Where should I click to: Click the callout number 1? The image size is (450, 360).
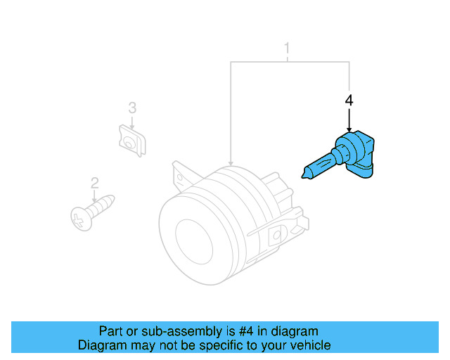[x=287, y=49]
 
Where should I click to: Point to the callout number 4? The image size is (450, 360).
[x=349, y=101]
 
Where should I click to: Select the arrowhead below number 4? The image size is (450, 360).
[x=349, y=129]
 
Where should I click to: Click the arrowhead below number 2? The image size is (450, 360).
[x=95, y=200]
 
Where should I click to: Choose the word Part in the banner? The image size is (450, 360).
[x=111, y=331]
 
